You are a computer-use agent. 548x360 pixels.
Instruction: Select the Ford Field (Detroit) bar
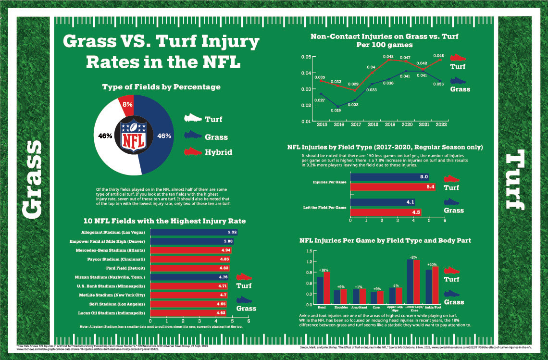[x=190, y=268]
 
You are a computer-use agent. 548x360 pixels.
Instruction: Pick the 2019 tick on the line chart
[x=388, y=124]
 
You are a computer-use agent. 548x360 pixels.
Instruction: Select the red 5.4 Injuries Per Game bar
[x=393, y=187]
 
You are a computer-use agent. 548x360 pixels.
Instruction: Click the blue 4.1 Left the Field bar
[x=383, y=202]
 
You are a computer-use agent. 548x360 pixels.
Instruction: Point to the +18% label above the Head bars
[x=324, y=270]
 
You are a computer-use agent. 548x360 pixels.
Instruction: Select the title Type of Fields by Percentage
[x=161, y=87]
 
